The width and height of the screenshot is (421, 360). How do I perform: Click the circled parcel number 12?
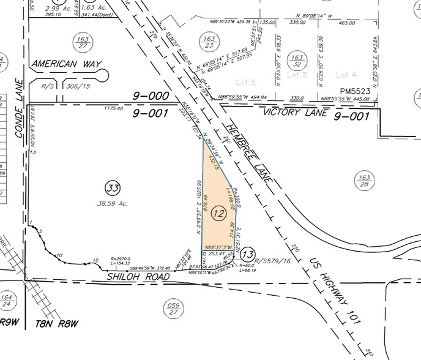(218, 214)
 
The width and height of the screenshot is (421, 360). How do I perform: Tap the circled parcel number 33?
(112, 187)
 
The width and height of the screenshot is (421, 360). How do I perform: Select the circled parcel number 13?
(247, 253)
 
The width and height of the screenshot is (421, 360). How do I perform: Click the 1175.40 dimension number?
(114, 108)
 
